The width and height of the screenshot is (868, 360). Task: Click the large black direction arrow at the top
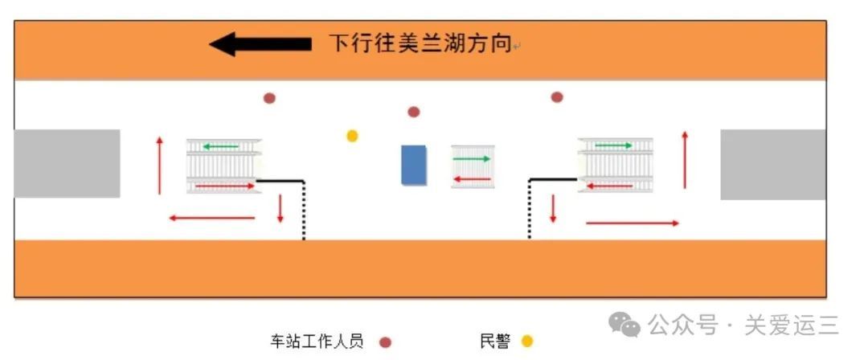pyautogui.click(x=260, y=43)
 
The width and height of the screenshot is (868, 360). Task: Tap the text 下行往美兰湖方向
pyautogui.click(x=420, y=43)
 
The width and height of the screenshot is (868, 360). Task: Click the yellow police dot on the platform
pyautogui.click(x=352, y=136)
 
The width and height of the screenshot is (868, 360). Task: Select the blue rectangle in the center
pyautogui.click(x=414, y=165)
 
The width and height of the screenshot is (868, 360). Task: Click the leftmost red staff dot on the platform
pyautogui.click(x=269, y=99)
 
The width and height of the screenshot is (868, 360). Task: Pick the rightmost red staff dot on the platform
pyautogui.click(x=557, y=97)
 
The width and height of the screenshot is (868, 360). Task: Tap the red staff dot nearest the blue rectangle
pyautogui.click(x=414, y=112)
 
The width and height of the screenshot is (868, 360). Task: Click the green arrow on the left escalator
pyautogui.click(x=220, y=147)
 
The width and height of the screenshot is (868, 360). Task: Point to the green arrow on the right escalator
pyautogui.click(x=613, y=145)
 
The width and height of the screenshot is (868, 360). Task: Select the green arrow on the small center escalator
pyautogui.click(x=472, y=159)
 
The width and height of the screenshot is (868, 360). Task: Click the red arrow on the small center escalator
pyautogui.click(x=473, y=179)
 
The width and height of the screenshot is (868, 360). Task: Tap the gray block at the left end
pyautogui.click(x=67, y=163)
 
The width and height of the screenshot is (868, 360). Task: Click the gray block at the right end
pyautogui.click(x=773, y=165)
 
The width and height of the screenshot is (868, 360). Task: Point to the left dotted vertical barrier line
pyautogui.click(x=304, y=211)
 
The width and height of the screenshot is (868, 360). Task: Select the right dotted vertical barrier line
pyautogui.click(x=530, y=210)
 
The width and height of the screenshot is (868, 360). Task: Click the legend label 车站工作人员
pyautogui.click(x=317, y=342)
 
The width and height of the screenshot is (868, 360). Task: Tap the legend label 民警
pyautogui.click(x=495, y=342)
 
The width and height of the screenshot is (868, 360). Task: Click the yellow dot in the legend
pyautogui.click(x=527, y=342)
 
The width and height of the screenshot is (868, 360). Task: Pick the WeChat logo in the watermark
pyautogui.click(x=624, y=324)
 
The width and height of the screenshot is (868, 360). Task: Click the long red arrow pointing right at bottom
pyautogui.click(x=633, y=223)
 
